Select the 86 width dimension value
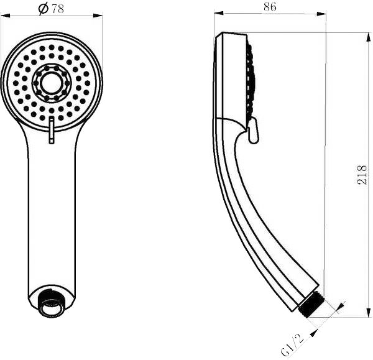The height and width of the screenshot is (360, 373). coord(269,7)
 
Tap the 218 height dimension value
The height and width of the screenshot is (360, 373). coord(362,177)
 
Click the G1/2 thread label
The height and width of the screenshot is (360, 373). coord(292,344)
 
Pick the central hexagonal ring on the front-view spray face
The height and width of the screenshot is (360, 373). coord(52,81)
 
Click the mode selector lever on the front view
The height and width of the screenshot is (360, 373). coord(52,132)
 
